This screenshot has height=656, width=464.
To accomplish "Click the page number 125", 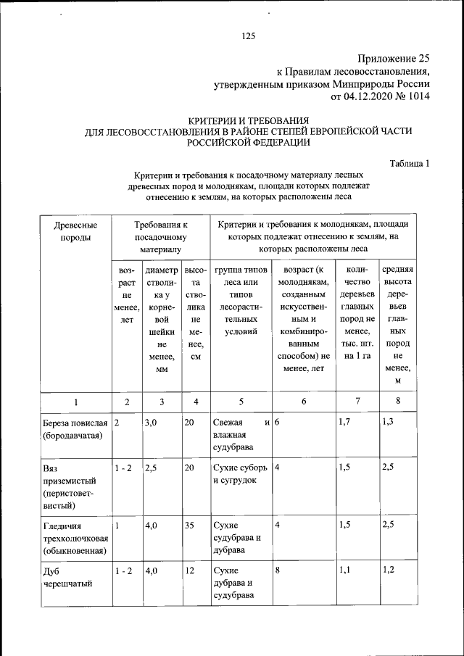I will [249, 36].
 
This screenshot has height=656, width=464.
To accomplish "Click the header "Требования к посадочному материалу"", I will [161, 237].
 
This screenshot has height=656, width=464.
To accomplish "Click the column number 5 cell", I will [242, 402].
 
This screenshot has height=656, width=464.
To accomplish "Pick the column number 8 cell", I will [397, 402].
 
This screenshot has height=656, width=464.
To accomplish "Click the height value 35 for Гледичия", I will [189, 526].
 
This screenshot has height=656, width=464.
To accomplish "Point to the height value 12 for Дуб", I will [189, 570].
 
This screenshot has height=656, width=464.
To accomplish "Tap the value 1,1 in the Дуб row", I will [345, 570].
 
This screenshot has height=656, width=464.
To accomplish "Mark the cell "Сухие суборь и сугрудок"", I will [241, 474].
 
